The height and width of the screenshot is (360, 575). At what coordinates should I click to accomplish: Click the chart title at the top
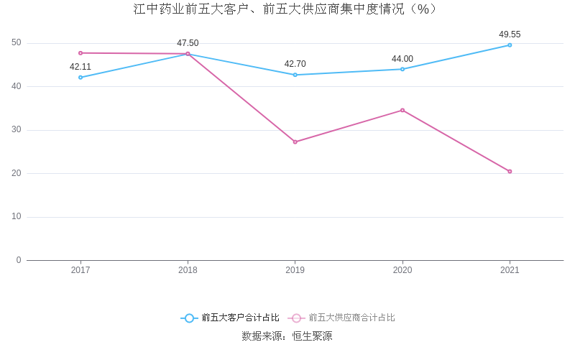point(285,9)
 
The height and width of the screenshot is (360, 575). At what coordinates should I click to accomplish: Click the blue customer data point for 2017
point(80,77)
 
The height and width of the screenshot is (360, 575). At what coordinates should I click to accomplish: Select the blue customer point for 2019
point(295,75)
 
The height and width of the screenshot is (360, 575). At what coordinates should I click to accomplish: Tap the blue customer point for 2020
point(402,69)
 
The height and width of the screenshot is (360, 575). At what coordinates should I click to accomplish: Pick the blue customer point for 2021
point(510,45)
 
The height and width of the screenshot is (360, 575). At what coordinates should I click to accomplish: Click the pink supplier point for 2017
point(80,52)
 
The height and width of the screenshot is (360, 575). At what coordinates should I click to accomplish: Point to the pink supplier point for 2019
point(295,142)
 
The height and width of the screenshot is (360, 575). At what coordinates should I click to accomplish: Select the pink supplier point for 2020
point(402,110)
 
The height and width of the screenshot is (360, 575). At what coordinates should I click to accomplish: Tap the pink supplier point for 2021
point(510,171)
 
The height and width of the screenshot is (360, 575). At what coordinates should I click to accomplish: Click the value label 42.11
point(80,67)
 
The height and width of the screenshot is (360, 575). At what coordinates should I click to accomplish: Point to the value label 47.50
point(188,43)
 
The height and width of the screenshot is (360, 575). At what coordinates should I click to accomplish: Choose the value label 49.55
point(510,34)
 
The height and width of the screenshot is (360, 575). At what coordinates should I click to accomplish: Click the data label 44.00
point(402,59)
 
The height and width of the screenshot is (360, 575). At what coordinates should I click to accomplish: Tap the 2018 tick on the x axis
point(188,270)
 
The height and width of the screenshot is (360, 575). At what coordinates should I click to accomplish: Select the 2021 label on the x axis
point(510,270)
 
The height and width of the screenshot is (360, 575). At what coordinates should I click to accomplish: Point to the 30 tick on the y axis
point(17,130)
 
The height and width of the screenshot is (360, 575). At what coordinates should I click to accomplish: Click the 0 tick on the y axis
point(19,260)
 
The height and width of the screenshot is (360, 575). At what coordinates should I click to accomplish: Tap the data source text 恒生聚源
point(312,336)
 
